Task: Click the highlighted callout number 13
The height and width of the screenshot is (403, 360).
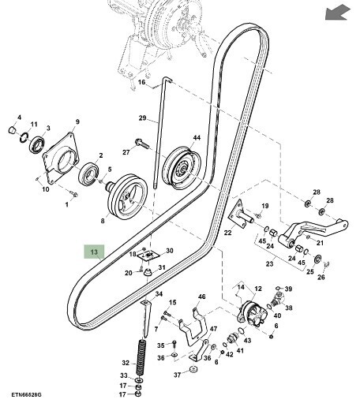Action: (x=93, y=252)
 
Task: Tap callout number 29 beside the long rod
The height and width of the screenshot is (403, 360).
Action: (x=143, y=118)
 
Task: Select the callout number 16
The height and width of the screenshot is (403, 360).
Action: (x=142, y=82)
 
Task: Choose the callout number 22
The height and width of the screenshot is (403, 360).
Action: (x=227, y=232)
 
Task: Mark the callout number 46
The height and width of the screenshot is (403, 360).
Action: (x=201, y=297)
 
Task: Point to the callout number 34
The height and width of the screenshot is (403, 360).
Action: (x=158, y=293)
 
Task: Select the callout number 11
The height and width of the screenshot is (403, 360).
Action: (x=33, y=125)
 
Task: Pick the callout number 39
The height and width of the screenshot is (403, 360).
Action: (x=288, y=289)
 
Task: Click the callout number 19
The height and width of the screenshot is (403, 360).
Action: (x=265, y=207)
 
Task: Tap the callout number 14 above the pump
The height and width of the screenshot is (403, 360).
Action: (x=242, y=287)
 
